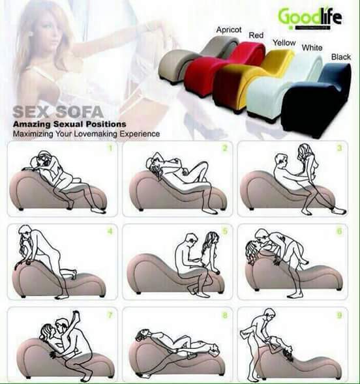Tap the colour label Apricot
pyautogui.click(x=229, y=30)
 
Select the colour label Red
pyautogui.click(x=256, y=35)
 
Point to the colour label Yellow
pyautogui.click(x=284, y=42)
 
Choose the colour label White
pyautogui.click(x=312, y=48)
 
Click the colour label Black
pyautogui.click(x=340, y=57)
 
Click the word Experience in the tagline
pyautogui.click(x=138, y=134)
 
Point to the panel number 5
pyautogui.click(x=225, y=230)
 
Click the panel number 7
pyautogui.click(x=111, y=314)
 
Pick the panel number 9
pyautogui.click(x=339, y=314)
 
